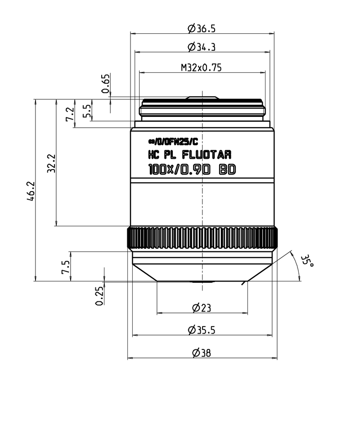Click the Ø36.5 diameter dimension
coord(202,29)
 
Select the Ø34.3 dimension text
coord(202,47)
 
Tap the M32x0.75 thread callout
coord(202,68)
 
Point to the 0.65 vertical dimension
coord(105,84)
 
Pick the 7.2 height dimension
coord(70,114)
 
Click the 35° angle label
coord(307,262)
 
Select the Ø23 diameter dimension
coord(202,308)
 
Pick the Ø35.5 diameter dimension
coord(202,330)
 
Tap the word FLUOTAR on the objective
coord(207,155)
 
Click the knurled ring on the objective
coord(202,238)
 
